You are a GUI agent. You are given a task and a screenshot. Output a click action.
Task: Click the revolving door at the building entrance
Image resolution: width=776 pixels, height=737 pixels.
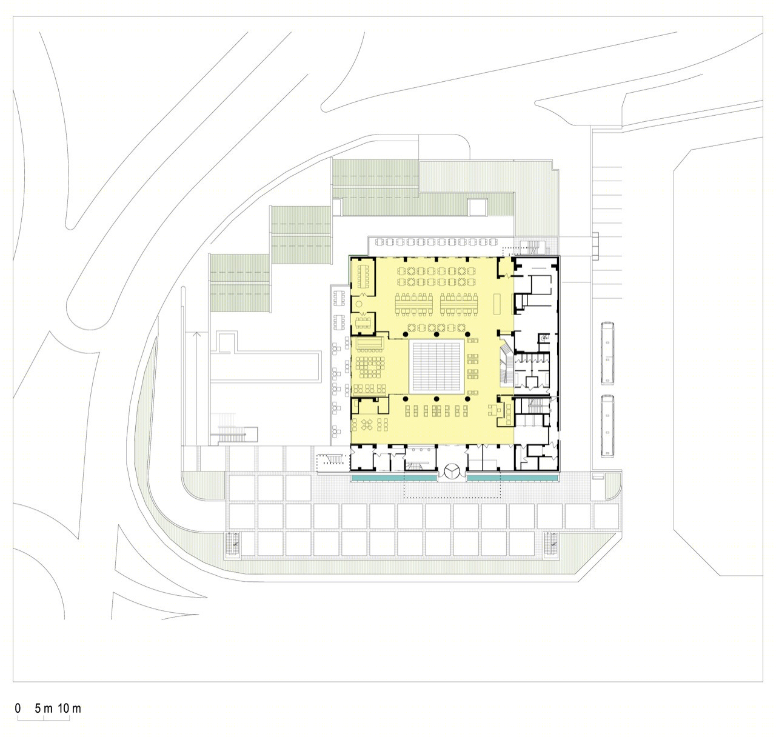click(452, 472)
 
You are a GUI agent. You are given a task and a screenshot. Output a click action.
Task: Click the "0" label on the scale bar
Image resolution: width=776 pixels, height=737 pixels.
click(18, 708)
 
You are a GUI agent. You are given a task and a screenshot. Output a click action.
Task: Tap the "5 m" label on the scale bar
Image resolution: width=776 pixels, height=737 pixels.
click(44, 708)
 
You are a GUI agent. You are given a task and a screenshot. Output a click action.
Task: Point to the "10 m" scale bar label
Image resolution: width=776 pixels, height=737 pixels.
click(70, 708)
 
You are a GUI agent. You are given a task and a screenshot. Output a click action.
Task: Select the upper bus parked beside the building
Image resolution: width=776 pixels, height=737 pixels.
click(607, 353)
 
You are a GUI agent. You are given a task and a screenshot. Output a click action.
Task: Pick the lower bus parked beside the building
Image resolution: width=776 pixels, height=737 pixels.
click(607, 426)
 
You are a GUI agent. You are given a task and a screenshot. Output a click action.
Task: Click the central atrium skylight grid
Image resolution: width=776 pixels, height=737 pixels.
click(436, 366)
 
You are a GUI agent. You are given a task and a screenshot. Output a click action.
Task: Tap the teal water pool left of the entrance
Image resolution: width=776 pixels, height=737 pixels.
click(394, 478)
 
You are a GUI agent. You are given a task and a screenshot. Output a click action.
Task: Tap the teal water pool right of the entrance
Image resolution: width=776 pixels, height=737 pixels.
click(512, 478)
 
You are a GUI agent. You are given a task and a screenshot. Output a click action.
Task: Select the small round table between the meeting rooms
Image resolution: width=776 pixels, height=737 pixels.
click(359, 304)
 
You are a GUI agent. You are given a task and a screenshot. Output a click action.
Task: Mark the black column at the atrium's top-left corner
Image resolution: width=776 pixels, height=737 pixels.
click(406, 335)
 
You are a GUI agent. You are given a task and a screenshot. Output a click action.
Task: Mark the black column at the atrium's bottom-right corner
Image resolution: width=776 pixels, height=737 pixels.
click(468, 399)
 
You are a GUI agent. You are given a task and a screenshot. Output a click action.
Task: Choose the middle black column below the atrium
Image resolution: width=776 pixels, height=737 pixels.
click(436, 399)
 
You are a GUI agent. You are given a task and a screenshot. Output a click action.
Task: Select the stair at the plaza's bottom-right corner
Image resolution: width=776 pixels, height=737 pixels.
click(551, 545)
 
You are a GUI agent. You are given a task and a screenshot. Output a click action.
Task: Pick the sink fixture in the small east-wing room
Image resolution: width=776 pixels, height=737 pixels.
click(544, 337)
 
